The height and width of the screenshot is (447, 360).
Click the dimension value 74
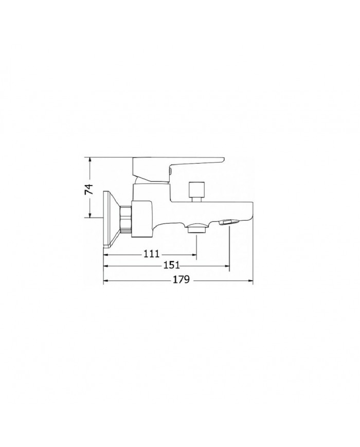pos(89,188)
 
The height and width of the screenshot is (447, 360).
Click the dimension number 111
pos(150,254)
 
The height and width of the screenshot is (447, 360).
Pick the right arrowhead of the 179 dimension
pos(252,281)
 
